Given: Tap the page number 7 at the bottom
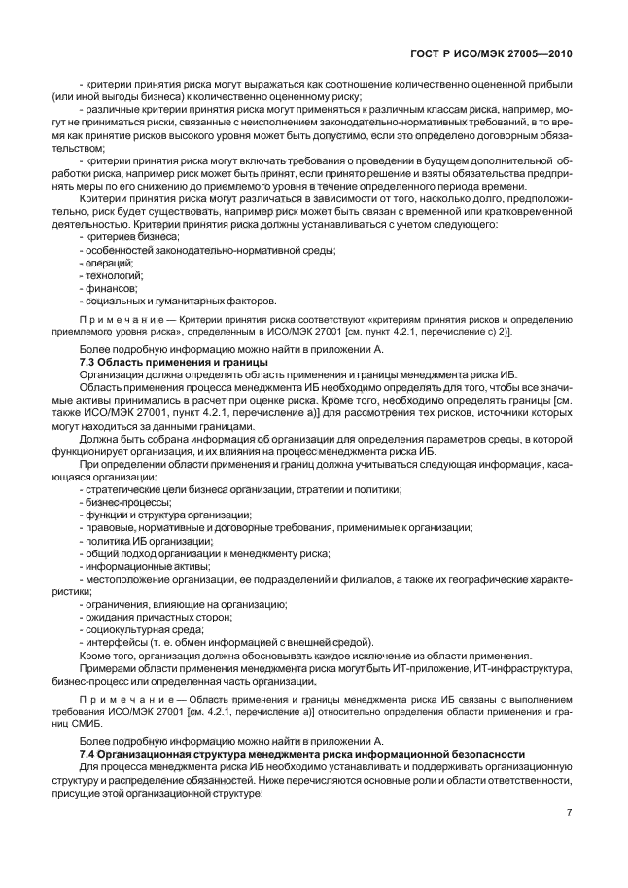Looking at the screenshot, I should (x=570, y=813).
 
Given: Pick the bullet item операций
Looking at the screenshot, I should (x=106, y=262).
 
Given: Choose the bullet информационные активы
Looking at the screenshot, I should (x=141, y=565).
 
